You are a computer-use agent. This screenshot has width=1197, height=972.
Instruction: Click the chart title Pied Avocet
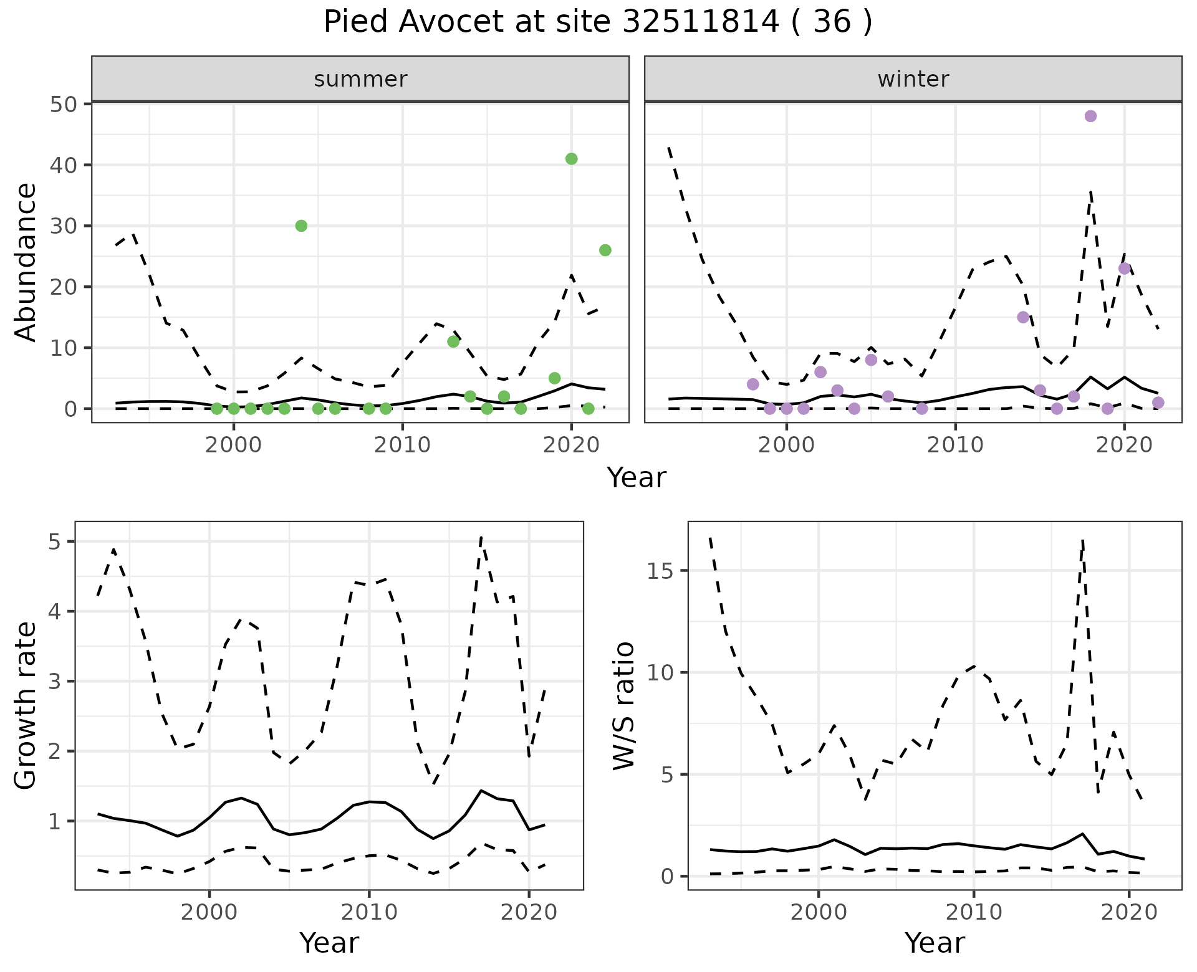597,22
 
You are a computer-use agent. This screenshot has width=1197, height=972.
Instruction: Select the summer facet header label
360,79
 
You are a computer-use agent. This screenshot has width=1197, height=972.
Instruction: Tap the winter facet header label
913,79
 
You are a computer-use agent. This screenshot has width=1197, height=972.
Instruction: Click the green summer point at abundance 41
571,159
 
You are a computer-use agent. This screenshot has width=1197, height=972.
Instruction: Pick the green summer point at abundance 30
301,226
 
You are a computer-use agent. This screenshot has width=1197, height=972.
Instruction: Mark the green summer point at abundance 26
605,250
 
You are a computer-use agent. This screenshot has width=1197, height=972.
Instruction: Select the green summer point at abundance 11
453,341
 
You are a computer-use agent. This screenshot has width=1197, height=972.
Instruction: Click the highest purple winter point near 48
1090,117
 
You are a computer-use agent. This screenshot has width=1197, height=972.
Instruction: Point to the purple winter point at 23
1124,269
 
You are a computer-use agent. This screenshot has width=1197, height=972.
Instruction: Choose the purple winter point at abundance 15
1023,317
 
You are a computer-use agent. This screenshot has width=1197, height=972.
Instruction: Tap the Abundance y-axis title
26,262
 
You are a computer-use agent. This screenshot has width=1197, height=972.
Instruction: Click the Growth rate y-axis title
26,705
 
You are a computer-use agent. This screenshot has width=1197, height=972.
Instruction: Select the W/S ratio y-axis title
623,705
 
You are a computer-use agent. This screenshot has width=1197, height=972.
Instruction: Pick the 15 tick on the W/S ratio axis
660,571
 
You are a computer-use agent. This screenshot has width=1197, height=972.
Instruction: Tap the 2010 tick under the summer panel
403,445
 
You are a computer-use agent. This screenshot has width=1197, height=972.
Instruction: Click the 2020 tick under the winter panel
1124,445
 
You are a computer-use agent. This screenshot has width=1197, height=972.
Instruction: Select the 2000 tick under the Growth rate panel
209,913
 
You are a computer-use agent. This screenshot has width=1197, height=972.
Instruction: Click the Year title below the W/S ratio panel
935,943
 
